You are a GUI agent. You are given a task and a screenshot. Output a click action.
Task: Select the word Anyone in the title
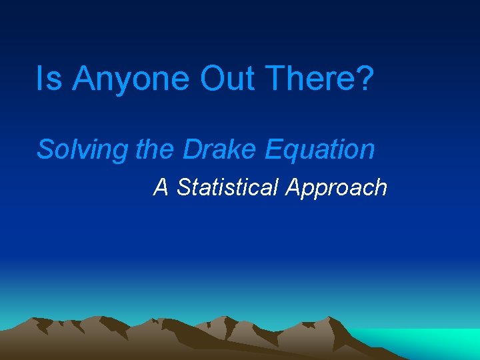click(131, 79)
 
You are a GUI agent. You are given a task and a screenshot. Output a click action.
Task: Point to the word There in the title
click(312, 78)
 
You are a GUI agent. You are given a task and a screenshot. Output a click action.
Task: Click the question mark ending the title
click(365, 78)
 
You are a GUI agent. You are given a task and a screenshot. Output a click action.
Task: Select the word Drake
click(220, 149)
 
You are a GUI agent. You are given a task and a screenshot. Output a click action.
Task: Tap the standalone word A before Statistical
click(161, 187)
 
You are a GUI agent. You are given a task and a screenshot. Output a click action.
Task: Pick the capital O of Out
click(211, 78)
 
